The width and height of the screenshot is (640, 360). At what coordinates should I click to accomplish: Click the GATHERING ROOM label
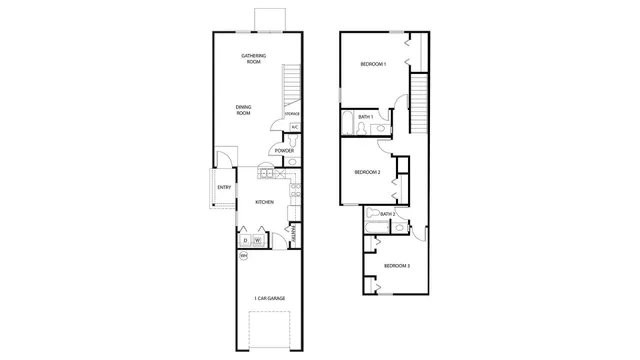click(x=251, y=58)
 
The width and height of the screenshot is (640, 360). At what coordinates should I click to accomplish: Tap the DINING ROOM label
click(x=243, y=110)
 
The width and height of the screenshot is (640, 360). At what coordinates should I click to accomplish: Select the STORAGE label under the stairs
click(x=292, y=114)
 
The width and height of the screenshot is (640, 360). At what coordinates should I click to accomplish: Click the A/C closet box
click(x=295, y=127)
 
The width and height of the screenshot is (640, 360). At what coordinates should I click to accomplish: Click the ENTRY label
click(x=224, y=187)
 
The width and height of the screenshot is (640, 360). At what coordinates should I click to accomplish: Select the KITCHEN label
click(x=264, y=202)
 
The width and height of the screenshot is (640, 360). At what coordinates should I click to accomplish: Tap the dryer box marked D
click(x=246, y=240)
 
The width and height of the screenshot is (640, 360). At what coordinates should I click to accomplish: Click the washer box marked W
click(x=258, y=240)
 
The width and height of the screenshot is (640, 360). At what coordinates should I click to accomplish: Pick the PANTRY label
click(x=294, y=234)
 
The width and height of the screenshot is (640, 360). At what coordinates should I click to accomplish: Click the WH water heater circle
click(x=243, y=257)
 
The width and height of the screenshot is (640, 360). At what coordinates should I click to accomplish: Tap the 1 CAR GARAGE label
click(x=269, y=298)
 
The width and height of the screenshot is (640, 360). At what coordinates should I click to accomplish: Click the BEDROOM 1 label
click(x=373, y=64)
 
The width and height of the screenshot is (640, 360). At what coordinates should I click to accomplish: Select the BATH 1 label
click(x=366, y=117)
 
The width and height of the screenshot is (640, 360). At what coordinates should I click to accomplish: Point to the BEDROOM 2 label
click(x=367, y=172)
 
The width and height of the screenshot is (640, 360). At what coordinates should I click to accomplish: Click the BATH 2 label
click(x=387, y=214)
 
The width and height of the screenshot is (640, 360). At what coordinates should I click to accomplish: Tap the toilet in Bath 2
click(x=372, y=214)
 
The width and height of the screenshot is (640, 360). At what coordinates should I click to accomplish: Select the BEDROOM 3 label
click(x=396, y=265)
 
